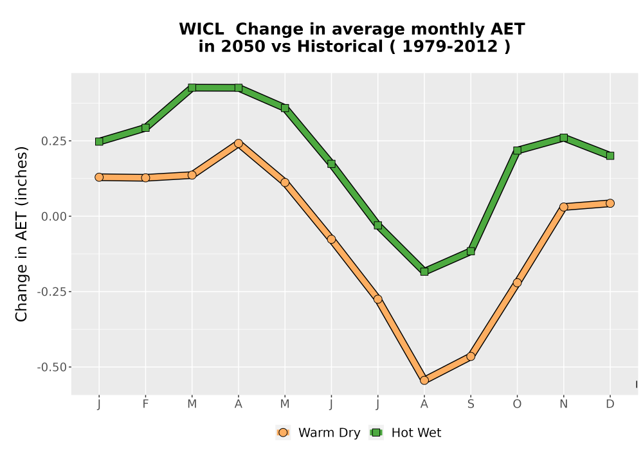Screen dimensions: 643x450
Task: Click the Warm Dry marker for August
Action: tap(424, 381)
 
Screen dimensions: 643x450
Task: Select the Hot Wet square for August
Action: tap(424, 271)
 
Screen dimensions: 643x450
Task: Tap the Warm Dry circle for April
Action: tap(239, 143)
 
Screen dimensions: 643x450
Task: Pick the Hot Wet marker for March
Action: tap(192, 87)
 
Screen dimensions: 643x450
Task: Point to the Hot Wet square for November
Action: tap(564, 138)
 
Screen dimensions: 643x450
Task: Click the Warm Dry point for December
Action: tap(610, 203)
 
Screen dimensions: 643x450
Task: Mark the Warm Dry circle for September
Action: tap(471, 357)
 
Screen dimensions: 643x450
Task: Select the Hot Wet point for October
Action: tap(517, 150)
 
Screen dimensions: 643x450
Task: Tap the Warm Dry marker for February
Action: tap(145, 177)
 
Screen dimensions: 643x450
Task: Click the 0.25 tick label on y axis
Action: tap(53, 141)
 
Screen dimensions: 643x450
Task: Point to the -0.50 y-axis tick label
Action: tap(51, 367)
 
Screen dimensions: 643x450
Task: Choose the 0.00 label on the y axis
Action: tap(53, 217)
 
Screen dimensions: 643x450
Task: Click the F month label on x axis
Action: tap(145, 404)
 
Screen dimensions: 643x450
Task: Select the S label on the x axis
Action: tap(471, 404)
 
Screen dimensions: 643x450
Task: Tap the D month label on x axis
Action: tap(610, 404)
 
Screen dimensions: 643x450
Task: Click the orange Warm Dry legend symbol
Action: tap(282, 433)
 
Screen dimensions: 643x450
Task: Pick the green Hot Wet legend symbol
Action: tap(376, 433)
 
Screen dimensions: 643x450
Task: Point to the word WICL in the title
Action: tap(201, 30)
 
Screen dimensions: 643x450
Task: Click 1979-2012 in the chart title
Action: tap(450, 46)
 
